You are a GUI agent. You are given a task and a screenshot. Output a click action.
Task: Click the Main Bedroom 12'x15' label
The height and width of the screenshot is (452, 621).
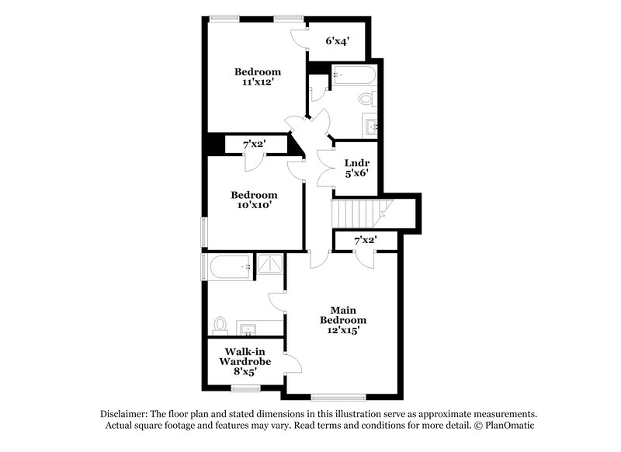pyautogui.click(x=343, y=319)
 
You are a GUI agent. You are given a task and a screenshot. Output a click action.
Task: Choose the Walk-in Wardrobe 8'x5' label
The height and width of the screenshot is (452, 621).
pyautogui.click(x=244, y=361)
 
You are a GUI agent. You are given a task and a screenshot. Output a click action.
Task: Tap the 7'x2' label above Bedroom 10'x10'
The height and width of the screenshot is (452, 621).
pyautogui.click(x=255, y=144)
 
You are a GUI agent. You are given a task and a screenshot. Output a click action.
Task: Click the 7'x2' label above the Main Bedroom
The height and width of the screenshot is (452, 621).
pyautogui.click(x=365, y=241)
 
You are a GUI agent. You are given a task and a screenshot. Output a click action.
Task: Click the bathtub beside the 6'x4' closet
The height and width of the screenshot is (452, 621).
pyautogui.click(x=353, y=75)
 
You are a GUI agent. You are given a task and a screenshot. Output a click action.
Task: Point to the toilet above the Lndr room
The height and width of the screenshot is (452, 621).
pyautogui.click(x=367, y=99)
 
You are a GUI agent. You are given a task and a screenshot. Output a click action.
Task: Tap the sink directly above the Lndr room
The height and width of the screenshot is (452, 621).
pyautogui.click(x=370, y=125)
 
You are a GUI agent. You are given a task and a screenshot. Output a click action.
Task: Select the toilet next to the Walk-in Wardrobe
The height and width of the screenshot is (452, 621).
pyautogui.click(x=220, y=324)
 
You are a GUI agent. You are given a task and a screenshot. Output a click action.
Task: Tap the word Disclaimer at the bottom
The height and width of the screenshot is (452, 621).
pyautogui.click(x=127, y=414)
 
